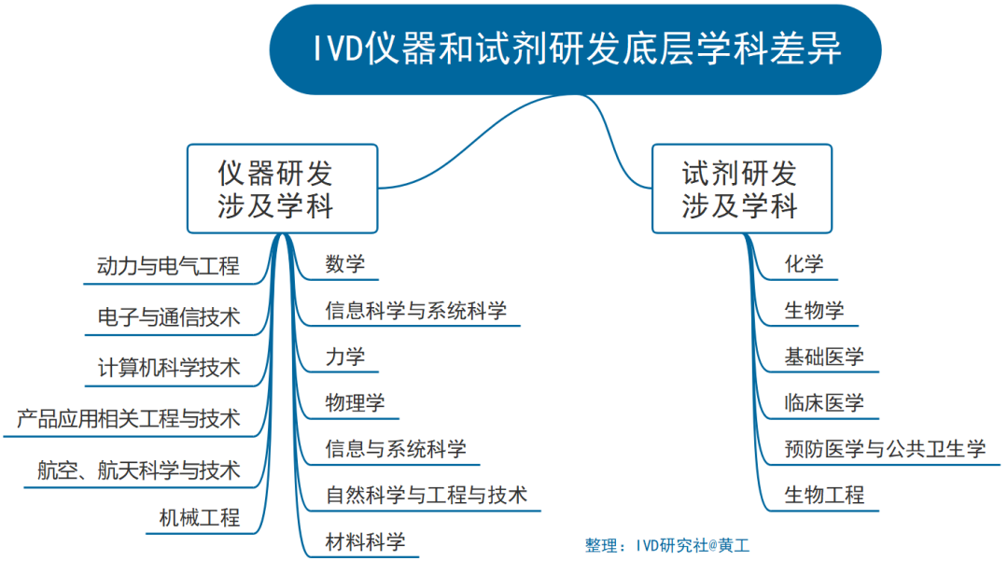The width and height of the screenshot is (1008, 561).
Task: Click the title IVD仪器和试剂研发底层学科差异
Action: pyautogui.click(x=576, y=49)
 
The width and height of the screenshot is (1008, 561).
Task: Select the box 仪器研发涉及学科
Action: pyautogui.click(x=282, y=189)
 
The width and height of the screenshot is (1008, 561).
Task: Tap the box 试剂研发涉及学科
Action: pyautogui.click(x=740, y=189)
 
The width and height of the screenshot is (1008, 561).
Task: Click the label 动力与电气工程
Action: pyautogui.click(x=168, y=266)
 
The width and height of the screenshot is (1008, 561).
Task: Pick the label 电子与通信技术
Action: pyautogui.click(x=168, y=317)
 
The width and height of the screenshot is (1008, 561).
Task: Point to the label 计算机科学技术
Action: pyautogui.click(x=168, y=368)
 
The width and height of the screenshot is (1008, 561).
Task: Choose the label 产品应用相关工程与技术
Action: pyautogui.click(x=129, y=418)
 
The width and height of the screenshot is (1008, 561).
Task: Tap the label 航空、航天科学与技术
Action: pyautogui.click(x=138, y=469)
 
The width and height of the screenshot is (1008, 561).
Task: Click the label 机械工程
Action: pyautogui.click(x=198, y=518)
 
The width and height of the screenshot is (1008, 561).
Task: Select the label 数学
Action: pyautogui.click(x=344, y=264)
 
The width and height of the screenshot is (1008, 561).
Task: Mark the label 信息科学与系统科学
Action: pyautogui.click(x=415, y=311)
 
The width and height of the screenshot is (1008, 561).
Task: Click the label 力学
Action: pyautogui.click(x=344, y=357)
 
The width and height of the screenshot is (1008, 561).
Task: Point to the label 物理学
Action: pyautogui.click(x=355, y=403)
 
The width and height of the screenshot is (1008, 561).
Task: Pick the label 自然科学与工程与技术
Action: pyautogui.click(x=426, y=495)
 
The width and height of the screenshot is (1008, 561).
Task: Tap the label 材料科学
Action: pyautogui.click(x=365, y=541)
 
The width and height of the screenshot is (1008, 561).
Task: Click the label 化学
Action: pyautogui.click(x=804, y=264)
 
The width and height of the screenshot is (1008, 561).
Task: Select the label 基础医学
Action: pyautogui.click(x=824, y=357)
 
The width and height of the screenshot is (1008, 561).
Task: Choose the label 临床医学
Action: pyautogui.click(x=824, y=403)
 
